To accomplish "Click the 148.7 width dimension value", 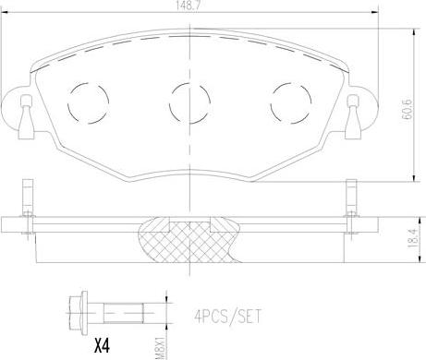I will click(x=192, y=6).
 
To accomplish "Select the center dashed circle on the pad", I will click(x=189, y=95).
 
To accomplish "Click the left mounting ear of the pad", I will click(x=21, y=107).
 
